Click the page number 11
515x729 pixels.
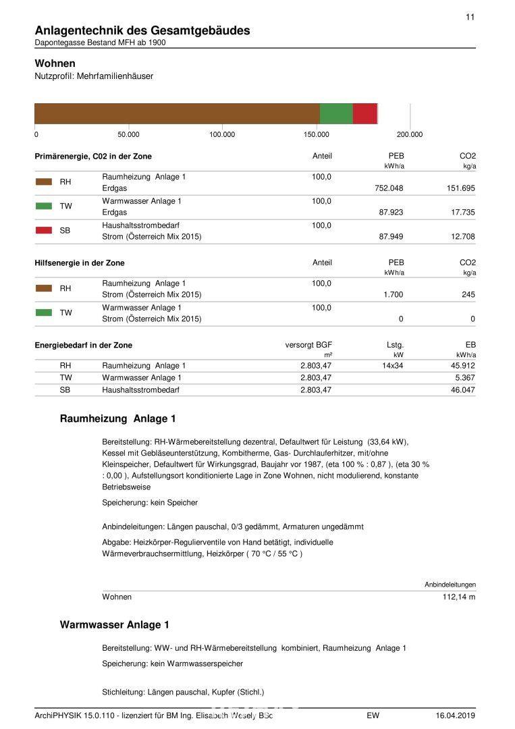[470, 17]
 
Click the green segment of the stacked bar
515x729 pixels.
[336, 113]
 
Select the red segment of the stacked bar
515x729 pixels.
[364, 113]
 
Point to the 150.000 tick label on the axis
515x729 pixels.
[316, 134]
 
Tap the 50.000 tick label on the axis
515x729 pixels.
[128, 134]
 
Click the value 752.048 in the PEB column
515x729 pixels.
[389, 188]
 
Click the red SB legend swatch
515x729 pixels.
[44, 230]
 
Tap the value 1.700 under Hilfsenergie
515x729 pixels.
[393, 295]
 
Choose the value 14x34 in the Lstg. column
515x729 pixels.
[393, 366]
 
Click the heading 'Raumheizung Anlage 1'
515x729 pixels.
[113, 419]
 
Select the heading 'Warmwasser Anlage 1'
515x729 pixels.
[115, 625]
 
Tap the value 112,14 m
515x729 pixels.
[459, 597]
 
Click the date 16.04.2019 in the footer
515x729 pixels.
[456, 715]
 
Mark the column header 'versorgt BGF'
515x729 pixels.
[308, 345]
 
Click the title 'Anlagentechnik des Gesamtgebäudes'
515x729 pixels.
[142, 30]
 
